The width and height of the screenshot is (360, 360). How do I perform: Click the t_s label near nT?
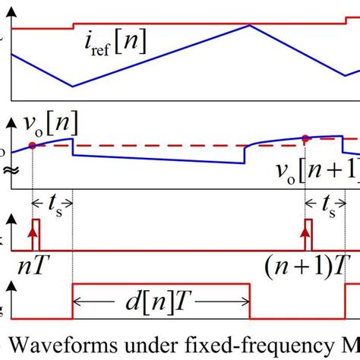click(x=52, y=204)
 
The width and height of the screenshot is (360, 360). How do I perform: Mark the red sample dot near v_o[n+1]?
click(x=305, y=137)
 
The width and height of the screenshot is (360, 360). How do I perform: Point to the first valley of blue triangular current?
click(x=72, y=86)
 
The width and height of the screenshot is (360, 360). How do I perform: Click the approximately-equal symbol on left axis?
click(x=7, y=170)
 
